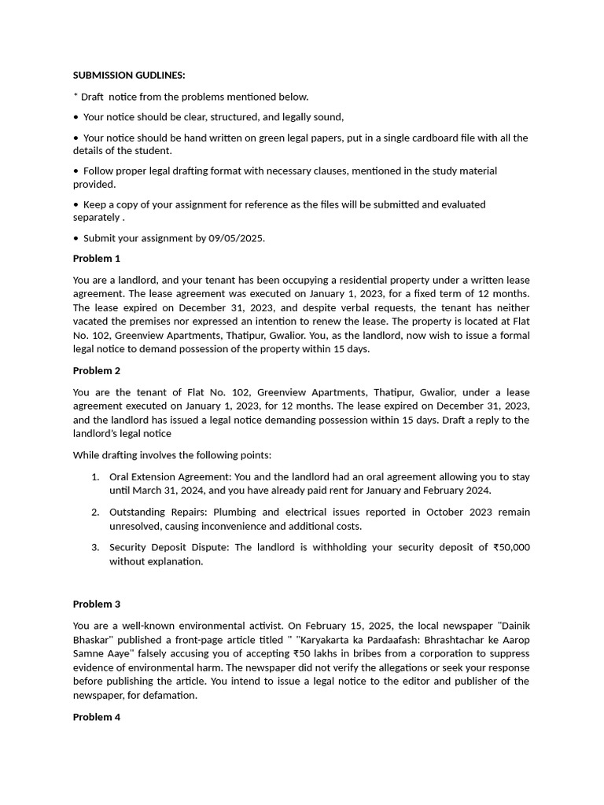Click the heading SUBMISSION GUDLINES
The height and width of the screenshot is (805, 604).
(129, 75)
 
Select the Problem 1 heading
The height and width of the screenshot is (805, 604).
(97, 259)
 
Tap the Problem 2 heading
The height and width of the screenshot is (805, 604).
(97, 371)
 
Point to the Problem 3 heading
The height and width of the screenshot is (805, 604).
(97, 605)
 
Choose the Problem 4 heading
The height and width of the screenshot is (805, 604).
(97, 717)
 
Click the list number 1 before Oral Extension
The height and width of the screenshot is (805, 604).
(94, 477)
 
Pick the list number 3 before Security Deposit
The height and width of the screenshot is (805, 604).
(94, 548)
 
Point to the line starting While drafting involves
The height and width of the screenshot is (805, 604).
(172, 455)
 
